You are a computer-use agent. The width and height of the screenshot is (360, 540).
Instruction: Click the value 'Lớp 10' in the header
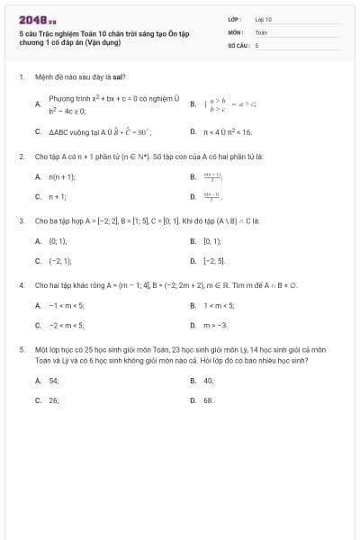coord(263,19)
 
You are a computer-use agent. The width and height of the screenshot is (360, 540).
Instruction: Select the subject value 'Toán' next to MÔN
coord(261,31)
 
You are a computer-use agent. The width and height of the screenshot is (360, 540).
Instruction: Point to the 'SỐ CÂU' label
coord(237,44)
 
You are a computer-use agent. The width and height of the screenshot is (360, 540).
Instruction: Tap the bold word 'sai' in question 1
coord(119,77)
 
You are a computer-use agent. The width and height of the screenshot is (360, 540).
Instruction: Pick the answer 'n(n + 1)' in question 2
coord(61,177)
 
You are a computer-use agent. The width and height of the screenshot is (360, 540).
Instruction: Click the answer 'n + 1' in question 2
coord(58,196)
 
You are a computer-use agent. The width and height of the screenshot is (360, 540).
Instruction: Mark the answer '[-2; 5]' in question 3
coord(214,260)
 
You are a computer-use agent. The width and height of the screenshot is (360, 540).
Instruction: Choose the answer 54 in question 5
coord(54,381)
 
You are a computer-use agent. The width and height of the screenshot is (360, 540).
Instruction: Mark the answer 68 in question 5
coord(208,400)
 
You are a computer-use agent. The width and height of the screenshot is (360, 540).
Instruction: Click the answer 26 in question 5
coord(54,400)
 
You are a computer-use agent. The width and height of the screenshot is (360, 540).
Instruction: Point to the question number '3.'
coord(21,220)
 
